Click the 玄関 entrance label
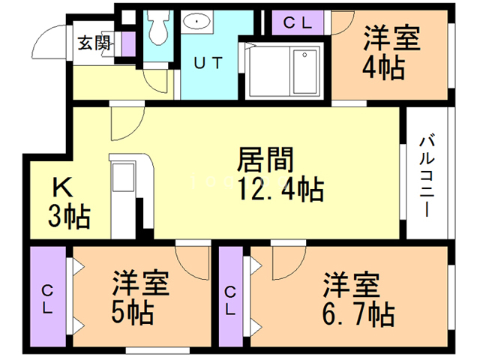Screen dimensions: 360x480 click(94, 42)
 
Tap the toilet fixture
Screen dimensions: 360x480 click(157, 28)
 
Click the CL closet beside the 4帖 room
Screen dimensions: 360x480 click(298, 22)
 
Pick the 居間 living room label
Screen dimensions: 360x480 click(264, 159)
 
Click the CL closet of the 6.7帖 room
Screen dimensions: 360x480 click(231, 299)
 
